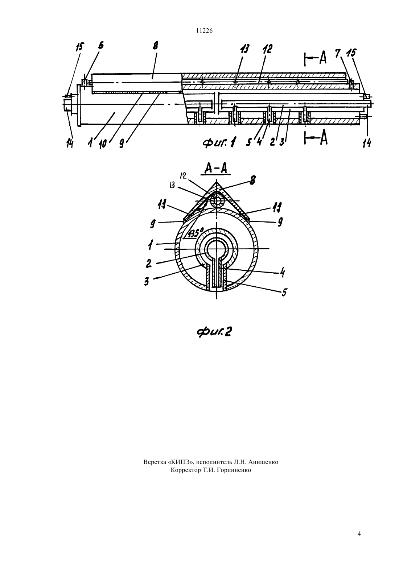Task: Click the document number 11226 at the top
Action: coord(204,31)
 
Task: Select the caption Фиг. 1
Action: coord(219,143)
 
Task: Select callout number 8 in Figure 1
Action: coord(155,46)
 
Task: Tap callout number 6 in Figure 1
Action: coord(101,46)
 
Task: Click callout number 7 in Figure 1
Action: coord(338,53)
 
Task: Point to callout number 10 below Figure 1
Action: coord(103,145)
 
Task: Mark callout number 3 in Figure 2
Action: coord(147,281)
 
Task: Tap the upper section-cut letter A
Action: coord(323,58)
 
